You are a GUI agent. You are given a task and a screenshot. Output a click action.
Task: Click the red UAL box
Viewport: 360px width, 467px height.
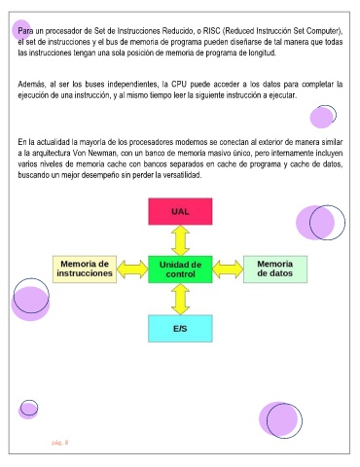(x=180, y=211)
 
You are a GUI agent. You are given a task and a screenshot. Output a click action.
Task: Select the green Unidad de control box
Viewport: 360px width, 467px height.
(x=180, y=269)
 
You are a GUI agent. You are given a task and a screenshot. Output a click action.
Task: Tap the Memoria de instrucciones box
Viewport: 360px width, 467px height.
(x=85, y=269)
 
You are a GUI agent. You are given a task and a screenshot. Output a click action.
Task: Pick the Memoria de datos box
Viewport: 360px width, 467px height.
(x=275, y=269)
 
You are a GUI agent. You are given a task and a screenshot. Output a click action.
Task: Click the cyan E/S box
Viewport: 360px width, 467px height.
(x=180, y=329)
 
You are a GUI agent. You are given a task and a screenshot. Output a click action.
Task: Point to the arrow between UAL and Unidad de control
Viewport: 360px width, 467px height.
(x=180, y=240)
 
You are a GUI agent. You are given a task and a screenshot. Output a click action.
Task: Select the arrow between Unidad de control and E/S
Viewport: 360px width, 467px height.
(x=180, y=299)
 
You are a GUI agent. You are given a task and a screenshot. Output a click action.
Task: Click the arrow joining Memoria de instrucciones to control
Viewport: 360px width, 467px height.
(x=132, y=269)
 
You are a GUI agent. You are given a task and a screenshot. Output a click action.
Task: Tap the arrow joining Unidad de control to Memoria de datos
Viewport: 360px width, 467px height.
(x=228, y=269)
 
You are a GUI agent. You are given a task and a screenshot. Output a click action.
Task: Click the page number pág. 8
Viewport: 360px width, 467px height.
(x=60, y=443)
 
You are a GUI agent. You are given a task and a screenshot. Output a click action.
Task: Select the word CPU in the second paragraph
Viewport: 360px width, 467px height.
(x=179, y=85)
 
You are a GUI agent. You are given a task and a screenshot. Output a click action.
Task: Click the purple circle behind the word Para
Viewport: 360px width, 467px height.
(x=21, y=30)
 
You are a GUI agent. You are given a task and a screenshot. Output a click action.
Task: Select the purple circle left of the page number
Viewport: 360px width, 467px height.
(x=28, y=410)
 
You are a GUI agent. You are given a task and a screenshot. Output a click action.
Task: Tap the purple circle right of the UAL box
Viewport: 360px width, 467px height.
(x=315, y=223)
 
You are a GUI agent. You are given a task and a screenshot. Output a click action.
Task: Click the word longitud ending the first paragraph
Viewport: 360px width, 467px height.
(x=263, y=53)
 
